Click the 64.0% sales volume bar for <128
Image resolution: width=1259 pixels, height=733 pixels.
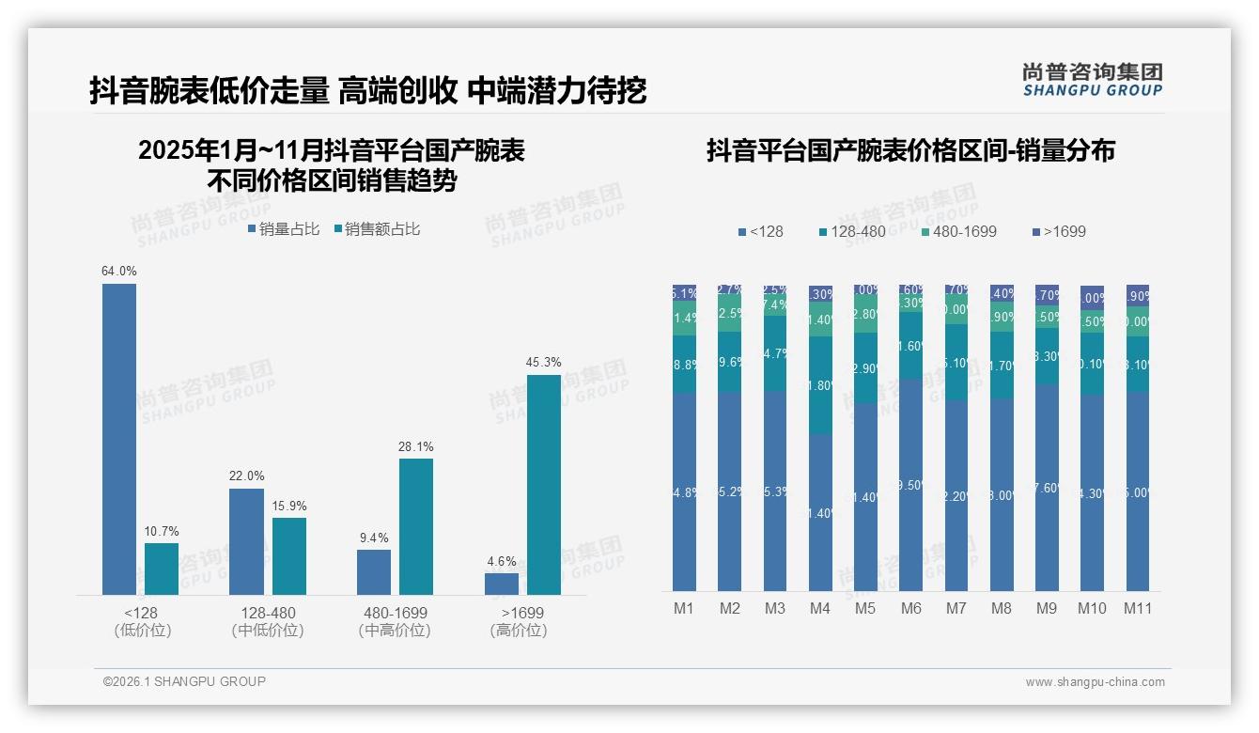pos(119,439)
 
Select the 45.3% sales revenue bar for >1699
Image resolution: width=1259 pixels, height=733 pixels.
pos(543,485)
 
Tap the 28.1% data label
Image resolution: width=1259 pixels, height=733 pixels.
pos(416,447)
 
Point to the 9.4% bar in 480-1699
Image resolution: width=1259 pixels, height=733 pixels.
pos(373,572)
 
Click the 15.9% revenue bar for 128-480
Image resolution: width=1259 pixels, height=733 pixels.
pos(289,556)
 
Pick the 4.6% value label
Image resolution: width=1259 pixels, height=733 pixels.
pos(502,562)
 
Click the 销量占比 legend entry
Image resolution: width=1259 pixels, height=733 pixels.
pos(284,229)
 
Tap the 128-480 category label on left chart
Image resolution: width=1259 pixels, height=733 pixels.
pos(268,613)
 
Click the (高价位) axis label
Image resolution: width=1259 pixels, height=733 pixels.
pos(519,631)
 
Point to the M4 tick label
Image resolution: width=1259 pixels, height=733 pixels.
pos(820,609)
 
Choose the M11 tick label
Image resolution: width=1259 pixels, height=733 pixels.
pos(1138,609)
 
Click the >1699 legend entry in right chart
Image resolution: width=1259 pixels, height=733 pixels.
pos(1059,231)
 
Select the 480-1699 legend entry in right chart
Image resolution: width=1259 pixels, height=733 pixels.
pos(957,231)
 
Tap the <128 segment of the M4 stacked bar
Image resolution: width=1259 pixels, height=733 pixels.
pos(820,512)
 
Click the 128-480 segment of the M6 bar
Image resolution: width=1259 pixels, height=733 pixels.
pos(910,346)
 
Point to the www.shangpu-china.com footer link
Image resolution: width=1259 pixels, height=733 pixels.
pos(1095,682)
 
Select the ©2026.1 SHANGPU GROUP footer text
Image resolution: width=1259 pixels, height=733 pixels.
pos(184,681)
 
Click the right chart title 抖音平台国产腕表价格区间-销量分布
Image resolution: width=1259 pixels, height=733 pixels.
pos(910,151)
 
